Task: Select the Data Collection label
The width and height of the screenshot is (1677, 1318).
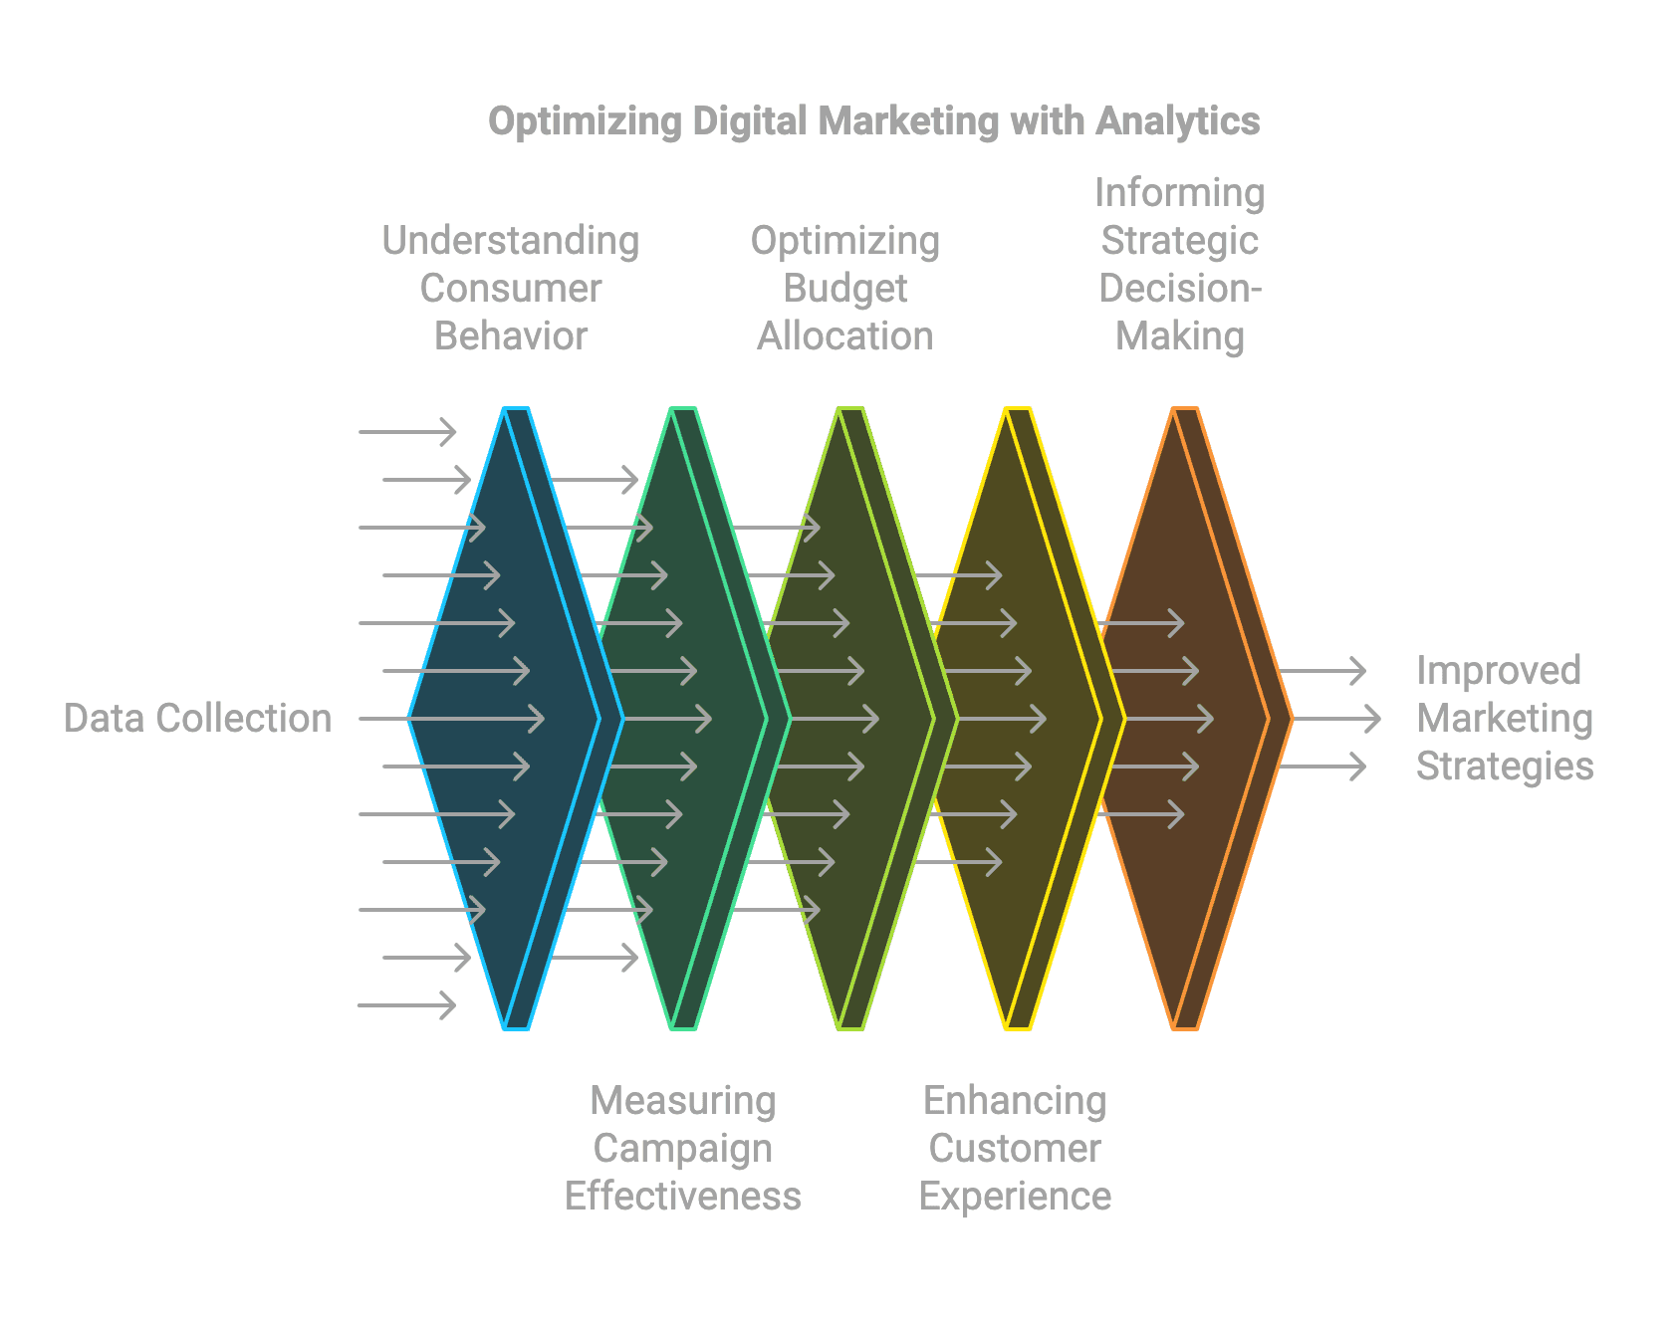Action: (x=197, y=718)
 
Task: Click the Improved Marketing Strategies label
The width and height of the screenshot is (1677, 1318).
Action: (x=1504, y=718)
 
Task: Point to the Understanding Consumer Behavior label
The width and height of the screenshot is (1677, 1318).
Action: (x=511, y=288)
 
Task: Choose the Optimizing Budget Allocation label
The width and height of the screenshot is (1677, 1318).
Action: (x=844, y=288)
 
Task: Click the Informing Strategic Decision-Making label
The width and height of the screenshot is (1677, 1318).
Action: (x=1180, y=264)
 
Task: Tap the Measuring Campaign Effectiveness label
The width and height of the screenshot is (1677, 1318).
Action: (x=683, y=1148)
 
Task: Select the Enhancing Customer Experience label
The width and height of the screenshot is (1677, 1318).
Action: (x=1015, y=1148)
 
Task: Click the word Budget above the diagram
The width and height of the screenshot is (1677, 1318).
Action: (x=844, y=288)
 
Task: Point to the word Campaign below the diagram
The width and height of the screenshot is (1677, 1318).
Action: (x=683, y=1148)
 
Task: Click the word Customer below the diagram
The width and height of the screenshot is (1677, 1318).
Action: (x=1015, y=1148)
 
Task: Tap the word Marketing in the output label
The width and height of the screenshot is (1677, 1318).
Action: (x=1504, y=718)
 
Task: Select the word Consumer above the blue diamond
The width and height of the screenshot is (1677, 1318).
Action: (x=511, y=288)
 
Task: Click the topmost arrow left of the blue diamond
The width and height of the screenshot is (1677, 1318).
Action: (x=406, y=431)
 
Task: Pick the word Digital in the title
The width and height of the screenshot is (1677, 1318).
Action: (x=750, y=121)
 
